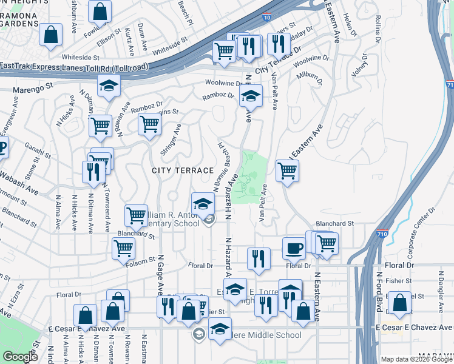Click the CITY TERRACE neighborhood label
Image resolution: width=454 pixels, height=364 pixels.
tap(182, 171)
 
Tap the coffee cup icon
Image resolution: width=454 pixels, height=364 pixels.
tap(294, 248)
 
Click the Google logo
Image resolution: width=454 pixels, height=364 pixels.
tap(21, 357)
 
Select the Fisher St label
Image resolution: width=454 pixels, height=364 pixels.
tap(402, 281)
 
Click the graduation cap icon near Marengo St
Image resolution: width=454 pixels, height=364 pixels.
tap(109, 87)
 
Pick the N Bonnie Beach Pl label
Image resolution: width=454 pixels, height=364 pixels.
tap(224, 158)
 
